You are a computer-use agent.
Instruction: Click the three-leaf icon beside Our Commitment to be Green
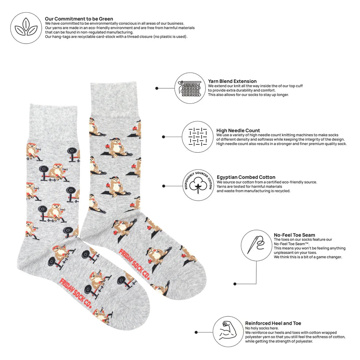coord(26,28)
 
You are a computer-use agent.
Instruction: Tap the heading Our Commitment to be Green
coord(79,19)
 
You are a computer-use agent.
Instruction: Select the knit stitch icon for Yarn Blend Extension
coord(190,88)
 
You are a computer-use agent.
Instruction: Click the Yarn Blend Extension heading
coord(232,81)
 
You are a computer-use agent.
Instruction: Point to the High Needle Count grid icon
coord(198,137)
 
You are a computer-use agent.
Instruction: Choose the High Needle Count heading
coord(238,131)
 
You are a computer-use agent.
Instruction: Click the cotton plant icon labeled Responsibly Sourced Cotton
coord(198,185)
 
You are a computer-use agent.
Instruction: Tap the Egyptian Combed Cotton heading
coord(246,177)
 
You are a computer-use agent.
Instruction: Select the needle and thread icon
coord(256,245)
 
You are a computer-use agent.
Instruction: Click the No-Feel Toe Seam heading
coord(294,235)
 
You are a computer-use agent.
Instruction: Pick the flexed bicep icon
coord(228,332)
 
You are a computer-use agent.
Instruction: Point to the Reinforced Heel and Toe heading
coord(273,323)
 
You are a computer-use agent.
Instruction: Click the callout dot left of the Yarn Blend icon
coord(157,88)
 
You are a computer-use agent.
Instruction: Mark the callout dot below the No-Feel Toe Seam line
coord(235,284)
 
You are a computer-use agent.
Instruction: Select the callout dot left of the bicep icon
coord(196,332)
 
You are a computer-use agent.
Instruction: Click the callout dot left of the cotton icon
coord(164,186)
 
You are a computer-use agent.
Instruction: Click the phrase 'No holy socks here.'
coord(262,328)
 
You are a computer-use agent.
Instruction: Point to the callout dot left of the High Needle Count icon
coord(164,137)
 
